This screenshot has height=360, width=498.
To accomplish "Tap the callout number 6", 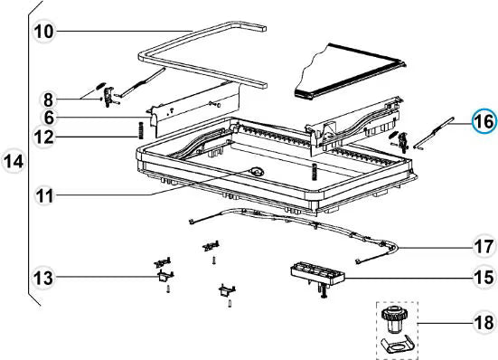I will click(51, 118).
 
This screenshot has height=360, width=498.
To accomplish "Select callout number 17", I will click(484, 245).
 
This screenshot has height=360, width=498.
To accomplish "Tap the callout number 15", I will click(484, 277).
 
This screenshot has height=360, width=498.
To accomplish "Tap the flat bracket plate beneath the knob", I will click(396, 345).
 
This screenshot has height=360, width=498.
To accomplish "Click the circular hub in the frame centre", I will click(258, 171).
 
